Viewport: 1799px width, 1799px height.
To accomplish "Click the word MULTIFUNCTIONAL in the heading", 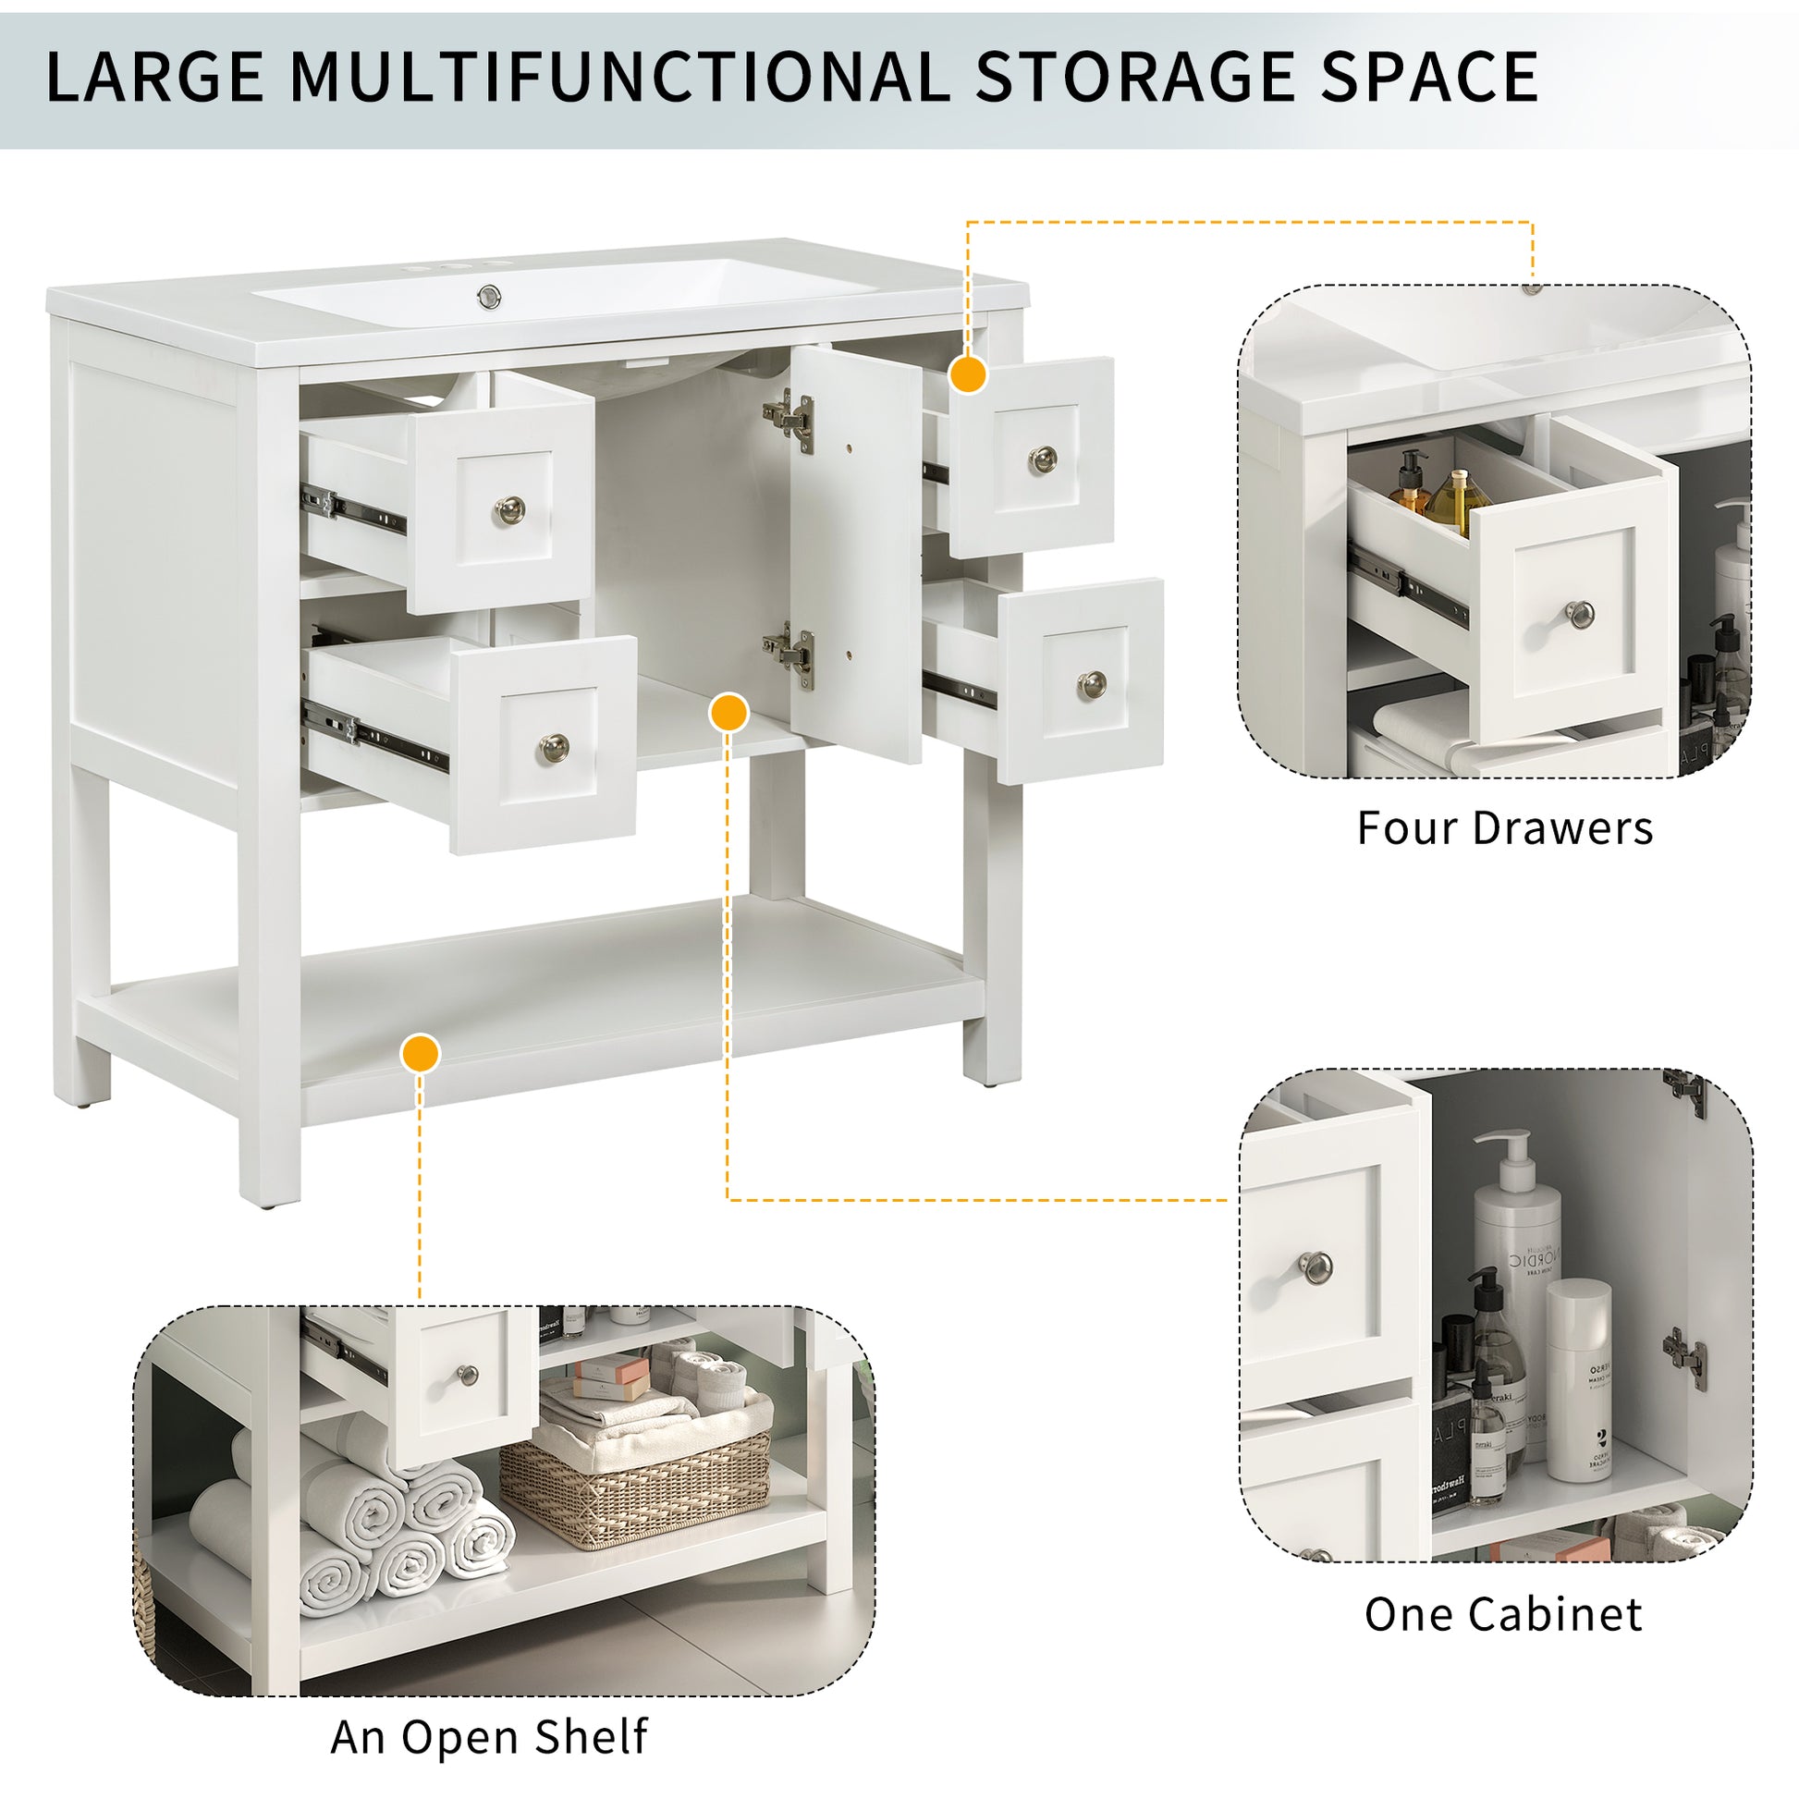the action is pyautogui.click(x=619, y=77).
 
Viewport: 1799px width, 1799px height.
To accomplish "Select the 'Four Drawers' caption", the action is pyautogui.click(x=1505, y=827).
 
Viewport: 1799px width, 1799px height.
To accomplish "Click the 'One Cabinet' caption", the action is pyautogui.click(x=1504, y=1614).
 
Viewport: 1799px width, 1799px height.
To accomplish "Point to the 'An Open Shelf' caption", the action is pyautogui.click(x=489, y=1737).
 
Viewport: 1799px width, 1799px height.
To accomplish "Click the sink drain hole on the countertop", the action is pyautogui.click(x=489, y=297).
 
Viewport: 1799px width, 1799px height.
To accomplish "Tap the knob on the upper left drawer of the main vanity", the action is pyautogui.click(x=508, y=510).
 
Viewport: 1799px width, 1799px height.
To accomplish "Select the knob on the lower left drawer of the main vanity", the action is pyautogui.click(x=554, y=747).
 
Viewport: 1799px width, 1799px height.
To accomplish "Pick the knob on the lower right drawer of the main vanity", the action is pyautogui.click(x=1093, y=685).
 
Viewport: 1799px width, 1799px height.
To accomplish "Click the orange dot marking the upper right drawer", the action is pyautogui.click(x=969, y=374).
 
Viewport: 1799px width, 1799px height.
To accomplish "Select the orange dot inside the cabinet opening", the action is pyautogui.click(x=728, y=714).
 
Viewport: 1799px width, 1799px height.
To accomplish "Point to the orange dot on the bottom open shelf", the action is pyautogui.click(x=420, y=1054).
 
